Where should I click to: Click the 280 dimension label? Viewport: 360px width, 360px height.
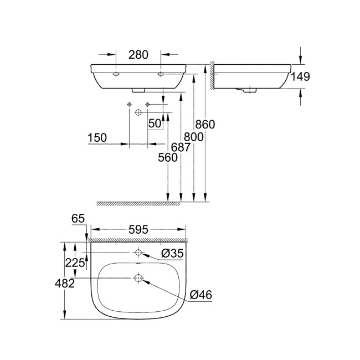(x=139, y=54)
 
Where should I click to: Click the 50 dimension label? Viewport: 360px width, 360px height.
(x=155, y=124)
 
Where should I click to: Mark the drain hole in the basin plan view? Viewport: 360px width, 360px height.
(x=138, y=278)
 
